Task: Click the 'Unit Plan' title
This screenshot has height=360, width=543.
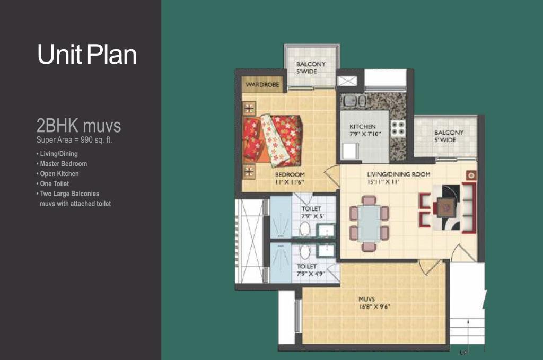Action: click(x=87, y=55)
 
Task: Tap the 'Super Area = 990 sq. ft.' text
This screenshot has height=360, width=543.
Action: click(x=74, y=140)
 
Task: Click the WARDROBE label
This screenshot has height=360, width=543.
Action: click(x=262, y=84)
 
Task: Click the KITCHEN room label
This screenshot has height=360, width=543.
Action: click(x=362, y=127)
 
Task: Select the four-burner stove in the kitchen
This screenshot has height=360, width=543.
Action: click(x=398, y=128)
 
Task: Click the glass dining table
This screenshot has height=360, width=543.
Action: click(x=369, y=223)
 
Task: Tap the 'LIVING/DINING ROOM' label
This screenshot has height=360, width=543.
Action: click(x=399, y=174)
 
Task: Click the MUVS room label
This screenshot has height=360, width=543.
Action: click(x=366, y=299)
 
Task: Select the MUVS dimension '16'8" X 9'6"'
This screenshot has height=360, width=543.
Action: click(x=374, y=306)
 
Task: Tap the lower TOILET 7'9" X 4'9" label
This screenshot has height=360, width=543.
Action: click(x=311, y=270)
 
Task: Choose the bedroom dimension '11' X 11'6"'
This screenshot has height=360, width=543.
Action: click(x=290, y=182)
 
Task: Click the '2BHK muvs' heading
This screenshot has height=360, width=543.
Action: click(x=78, y=125)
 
